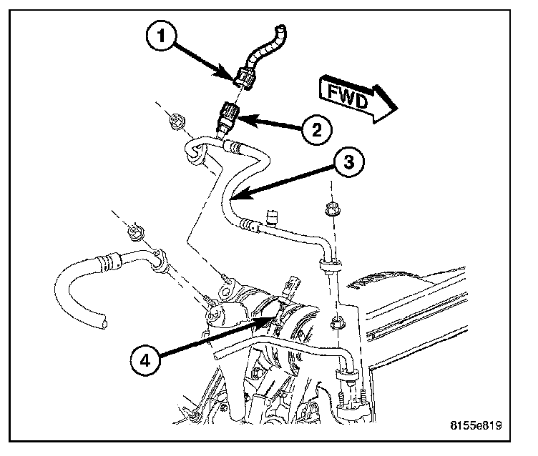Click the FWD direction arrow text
click(x=347, y=97)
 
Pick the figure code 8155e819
click(x=476, y=426)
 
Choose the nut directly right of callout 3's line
click(x=331, y=209)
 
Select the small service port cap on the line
click(x=270, y=213)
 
